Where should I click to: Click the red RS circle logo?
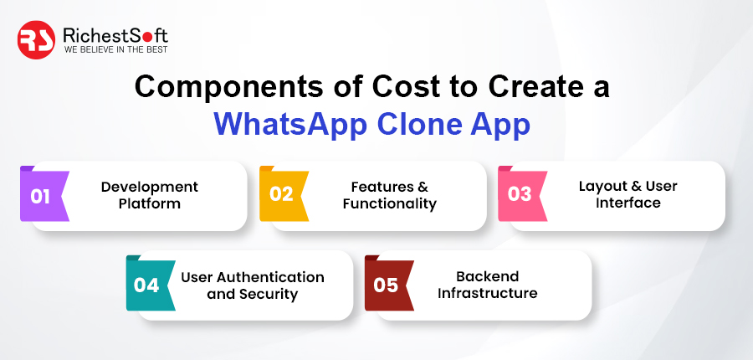click(36, 40)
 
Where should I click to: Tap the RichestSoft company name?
click(115, 35)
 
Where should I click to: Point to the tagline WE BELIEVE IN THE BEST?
click(115, 49)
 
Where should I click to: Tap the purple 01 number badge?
click(44, 194)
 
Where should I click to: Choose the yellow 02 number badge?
click(284, 193)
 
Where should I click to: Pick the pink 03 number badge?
click(522, 193)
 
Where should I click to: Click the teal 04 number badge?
click(151, 284)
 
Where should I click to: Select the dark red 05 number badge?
click(389, 284)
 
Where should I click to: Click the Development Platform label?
click(150, 195)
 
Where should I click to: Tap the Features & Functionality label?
click(389, 195)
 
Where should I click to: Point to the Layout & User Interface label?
click(628, 194)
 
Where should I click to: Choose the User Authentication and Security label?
click(253, 285)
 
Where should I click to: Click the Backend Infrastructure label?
click(488, 284)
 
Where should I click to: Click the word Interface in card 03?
click(628, 203)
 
